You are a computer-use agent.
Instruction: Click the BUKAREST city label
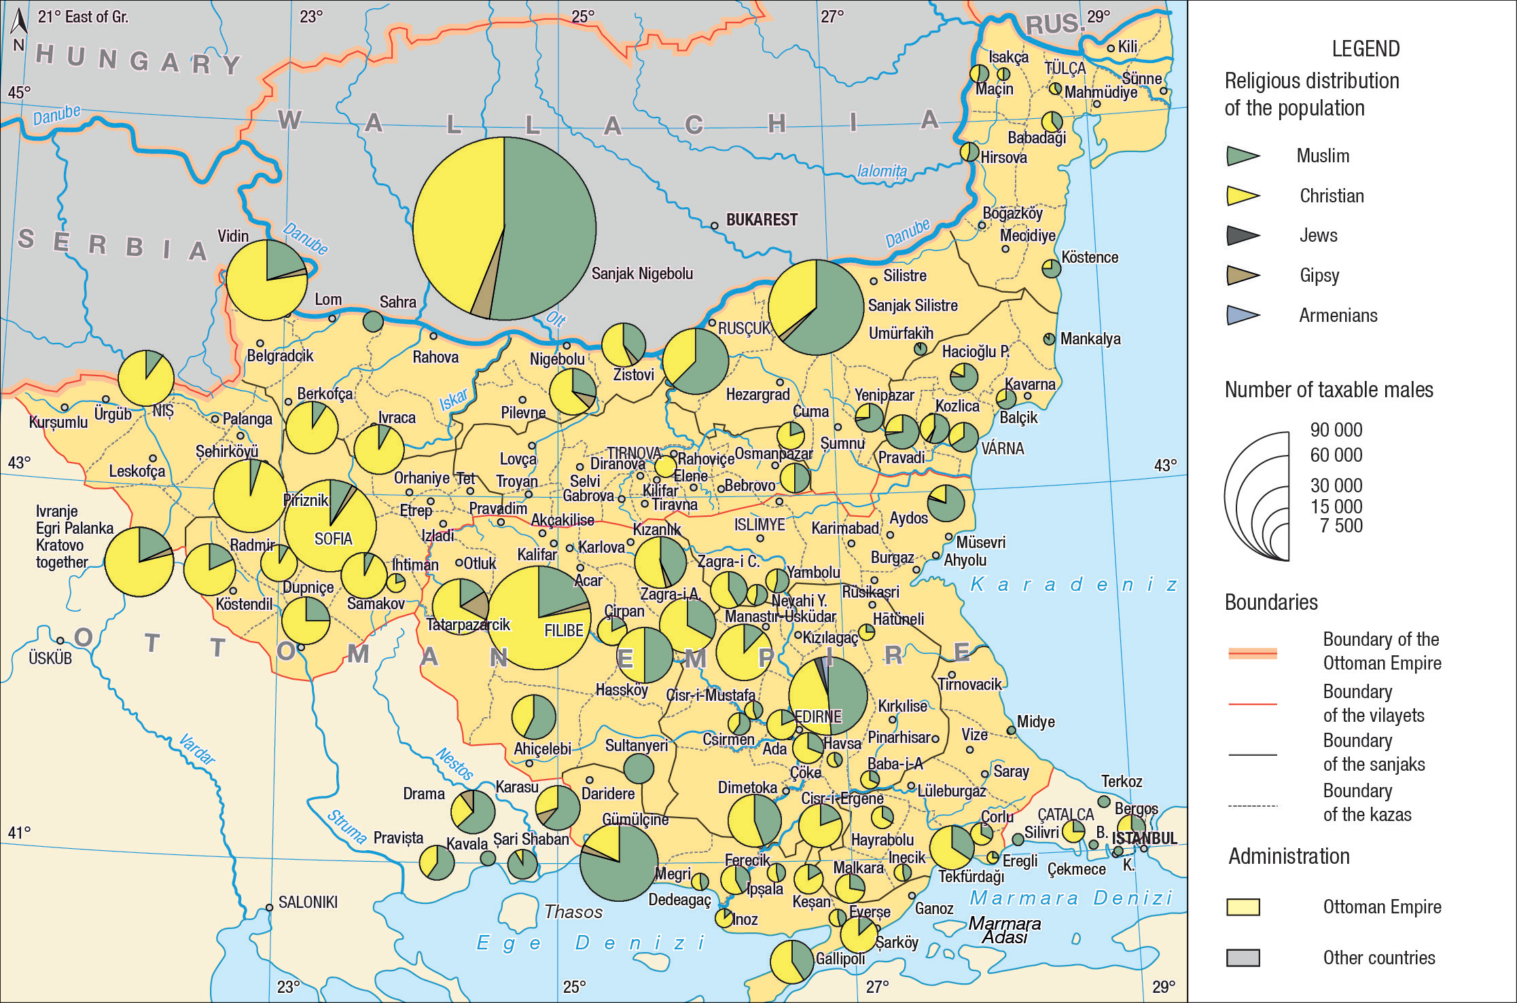click(x=762, y=220)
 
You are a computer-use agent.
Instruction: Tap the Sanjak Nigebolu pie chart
click(x=505, y=229)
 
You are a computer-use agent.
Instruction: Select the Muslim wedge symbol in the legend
click(x=1243, y=156)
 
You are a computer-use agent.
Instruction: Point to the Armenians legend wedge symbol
click(x=1243, y=316)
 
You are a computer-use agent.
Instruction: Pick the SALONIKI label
click(x=307, y=902)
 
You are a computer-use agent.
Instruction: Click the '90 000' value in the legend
click(x=1336, y=431)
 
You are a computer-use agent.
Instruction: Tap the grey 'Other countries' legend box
click(x=1243, y=958)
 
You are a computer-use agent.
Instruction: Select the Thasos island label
click(x=573, y=912)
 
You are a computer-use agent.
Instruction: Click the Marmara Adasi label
click(x=1005, y=930)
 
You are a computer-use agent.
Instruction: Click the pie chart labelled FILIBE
click(x=539, y=617)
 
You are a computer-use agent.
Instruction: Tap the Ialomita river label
click(x=881, y=171)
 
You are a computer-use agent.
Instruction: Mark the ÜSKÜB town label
click(x=50, y=658)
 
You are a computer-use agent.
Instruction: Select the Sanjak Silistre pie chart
click(x=816, y=307)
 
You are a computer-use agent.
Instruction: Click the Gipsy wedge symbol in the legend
click(x=1243, y=276)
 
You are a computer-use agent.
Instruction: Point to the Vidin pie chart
click(x=266, y=280)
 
